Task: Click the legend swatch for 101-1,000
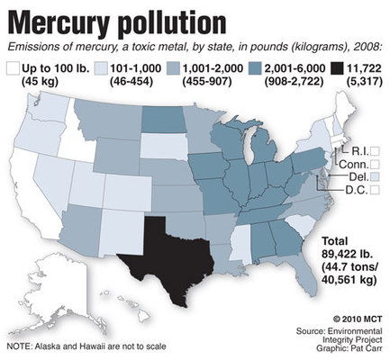point(99,66)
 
